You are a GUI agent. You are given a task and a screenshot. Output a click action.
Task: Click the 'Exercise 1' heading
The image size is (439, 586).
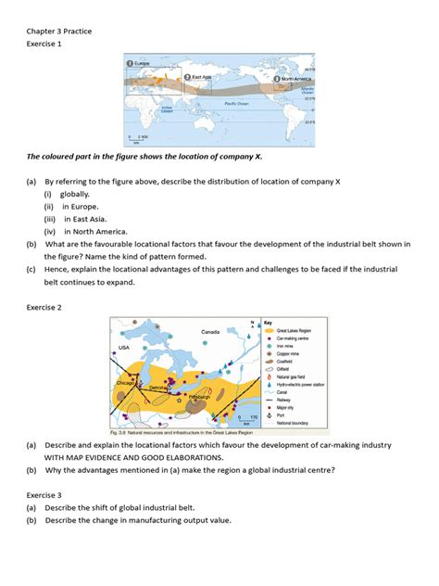pos(46,45)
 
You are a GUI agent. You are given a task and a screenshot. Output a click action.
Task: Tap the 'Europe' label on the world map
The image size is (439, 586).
pos(142,63)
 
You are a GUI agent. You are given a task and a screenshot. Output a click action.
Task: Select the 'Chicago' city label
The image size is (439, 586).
pos(126,381)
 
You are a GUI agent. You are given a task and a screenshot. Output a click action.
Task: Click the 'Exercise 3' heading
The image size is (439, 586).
pos(46,495)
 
